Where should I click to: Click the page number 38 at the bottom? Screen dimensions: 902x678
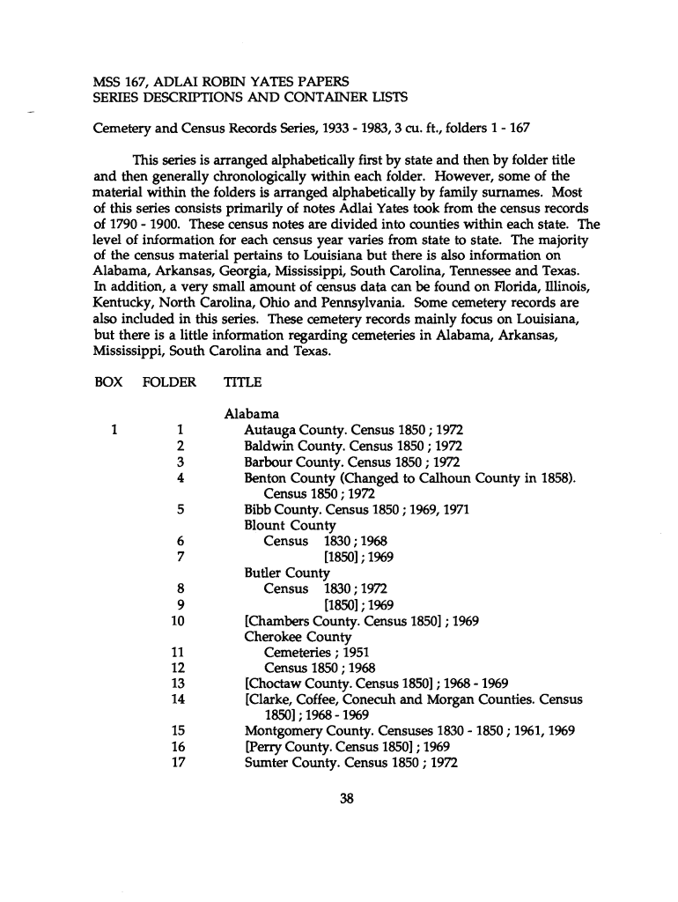pyautogui.click(x=346, y=799)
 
